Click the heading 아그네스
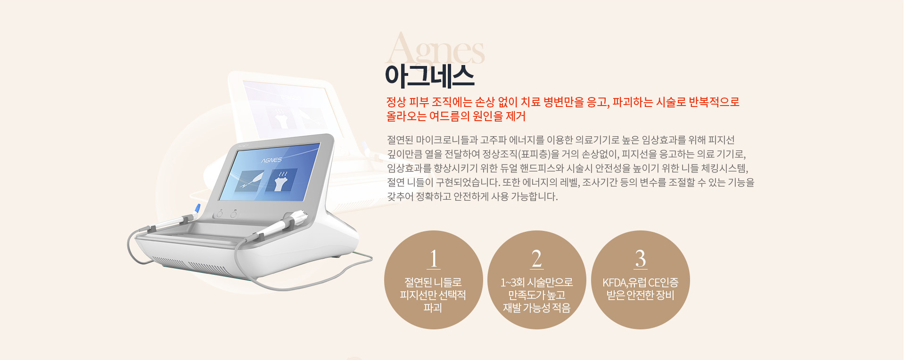point(429,76)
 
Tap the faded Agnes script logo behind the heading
point(435,49)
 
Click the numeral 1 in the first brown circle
point(434,259)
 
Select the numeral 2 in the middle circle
point(536,259)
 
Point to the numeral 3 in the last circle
point(640,259)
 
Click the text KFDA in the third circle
point(614,283)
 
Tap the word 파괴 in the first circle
point(433,308)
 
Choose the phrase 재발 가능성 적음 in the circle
point(536,308)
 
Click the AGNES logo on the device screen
point(271,160)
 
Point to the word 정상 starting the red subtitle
point(396,102)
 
